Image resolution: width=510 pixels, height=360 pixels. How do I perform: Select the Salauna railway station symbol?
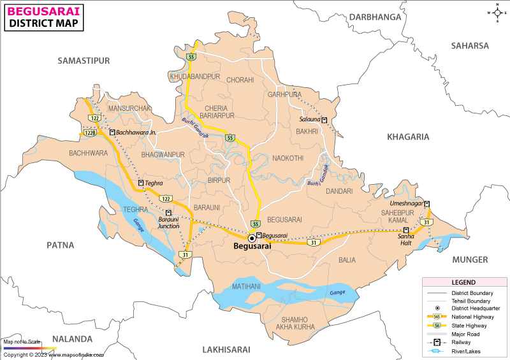pyautogui.click(x=324, y=120)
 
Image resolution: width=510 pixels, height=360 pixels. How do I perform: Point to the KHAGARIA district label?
pyautogui.click(x=407, y=136)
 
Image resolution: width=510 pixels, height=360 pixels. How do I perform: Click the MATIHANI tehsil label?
pyautogui.click(x=246, y=287)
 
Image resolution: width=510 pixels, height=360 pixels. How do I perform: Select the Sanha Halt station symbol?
pyautogui.click(x=405, y=229)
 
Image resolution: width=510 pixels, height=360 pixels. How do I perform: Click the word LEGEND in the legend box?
pyautogui.click(x=463, y=282)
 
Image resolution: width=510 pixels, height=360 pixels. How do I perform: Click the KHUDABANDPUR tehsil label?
pyautogui.click(x=195, y=76)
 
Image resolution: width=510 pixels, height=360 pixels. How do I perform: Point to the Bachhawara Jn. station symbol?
pyautogui.click(x=112, y=133)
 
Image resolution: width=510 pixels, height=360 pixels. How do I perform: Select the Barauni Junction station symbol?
pyautogui.click(x=168, y=213)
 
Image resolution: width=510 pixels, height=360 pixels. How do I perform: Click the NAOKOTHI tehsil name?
pyautogui.click(x=288, y=157)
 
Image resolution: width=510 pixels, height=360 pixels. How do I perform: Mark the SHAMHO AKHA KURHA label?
pyautogui.click(x=295, y=323)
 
